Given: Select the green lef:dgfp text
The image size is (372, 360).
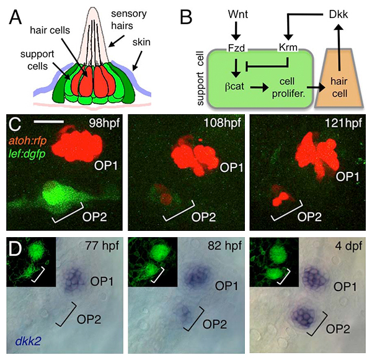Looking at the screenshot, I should pos(30,154).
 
